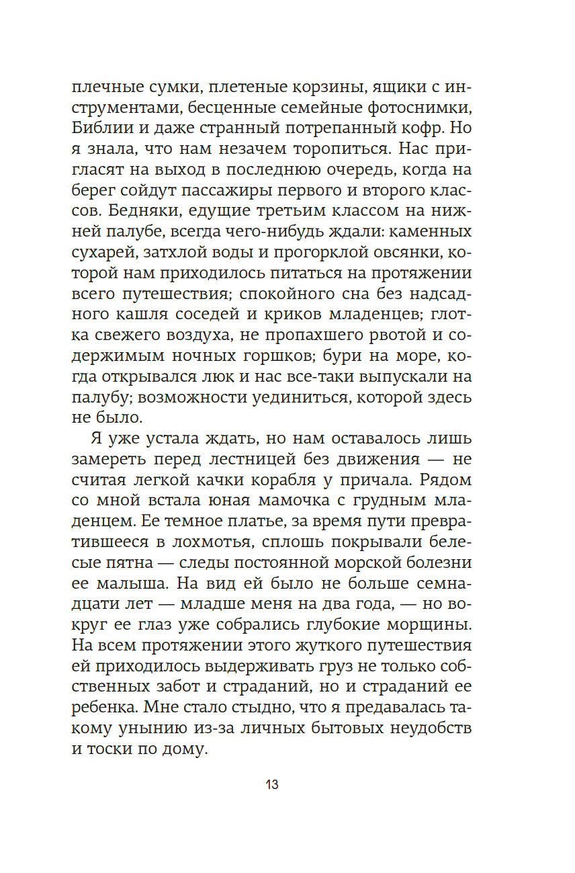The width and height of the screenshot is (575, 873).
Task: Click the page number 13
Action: (x=272, y=784)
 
